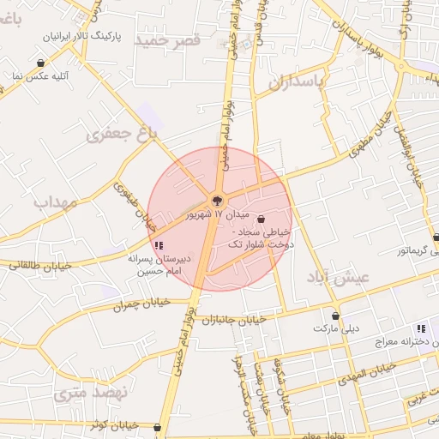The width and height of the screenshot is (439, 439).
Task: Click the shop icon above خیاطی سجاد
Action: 261,219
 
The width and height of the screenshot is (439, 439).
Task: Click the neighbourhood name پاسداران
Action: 298,81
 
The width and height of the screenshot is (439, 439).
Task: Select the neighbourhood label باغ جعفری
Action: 123,133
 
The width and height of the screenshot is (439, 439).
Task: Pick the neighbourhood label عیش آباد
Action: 338,278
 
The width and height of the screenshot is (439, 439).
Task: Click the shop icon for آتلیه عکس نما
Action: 41,63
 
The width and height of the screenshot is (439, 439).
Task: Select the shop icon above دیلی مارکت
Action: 336,316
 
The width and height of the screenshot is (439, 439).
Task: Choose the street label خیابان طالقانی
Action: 31,265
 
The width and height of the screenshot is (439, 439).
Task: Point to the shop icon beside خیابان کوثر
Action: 156,425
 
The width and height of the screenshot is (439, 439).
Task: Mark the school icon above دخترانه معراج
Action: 420,328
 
